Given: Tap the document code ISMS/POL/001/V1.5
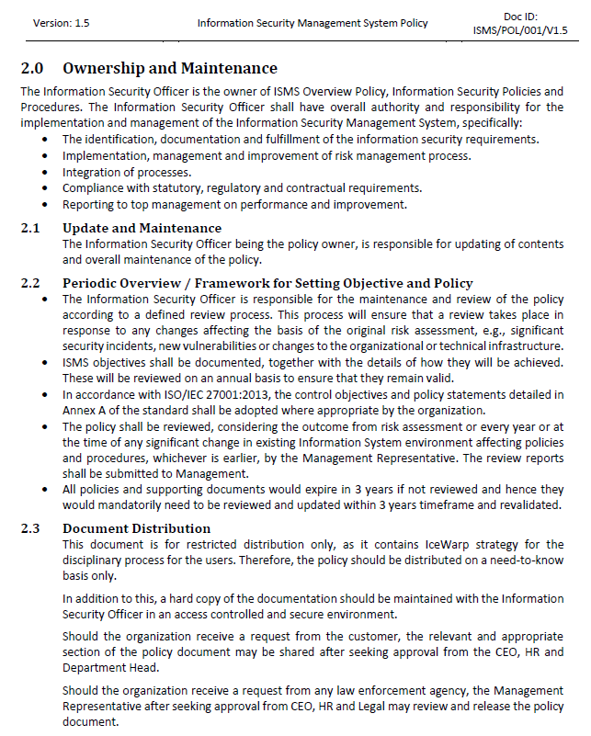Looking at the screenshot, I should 521,30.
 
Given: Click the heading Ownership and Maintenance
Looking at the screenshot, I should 170,68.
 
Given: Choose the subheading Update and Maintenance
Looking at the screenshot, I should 142,228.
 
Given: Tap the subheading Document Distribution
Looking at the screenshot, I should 137,528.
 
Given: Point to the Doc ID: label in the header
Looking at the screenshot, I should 521,17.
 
